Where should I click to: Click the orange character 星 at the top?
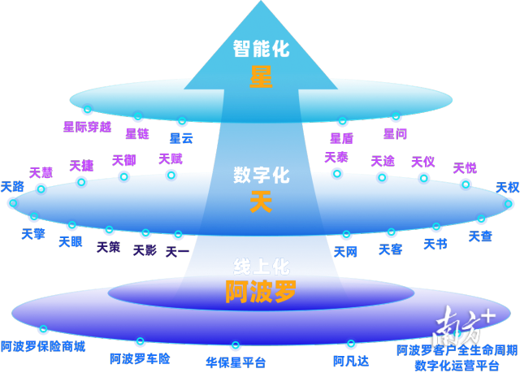[x=261, y=77]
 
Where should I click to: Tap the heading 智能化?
[x=261, y=49]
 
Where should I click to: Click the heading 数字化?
[x=261, y=175]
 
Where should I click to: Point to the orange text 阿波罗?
[x=261, y=292]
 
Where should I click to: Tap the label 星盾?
[x=341, y=138]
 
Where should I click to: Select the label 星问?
[x=395, y=133]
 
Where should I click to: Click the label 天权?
[x=507, y=188]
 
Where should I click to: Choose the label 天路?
[x=12, y=187]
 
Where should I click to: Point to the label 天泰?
[x=336, y=157]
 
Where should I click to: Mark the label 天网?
[x=345, y=252]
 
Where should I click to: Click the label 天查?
[x=480, y=236]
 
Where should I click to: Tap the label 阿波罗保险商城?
[x=42, y=347]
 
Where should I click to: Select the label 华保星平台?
[x=236, y=362]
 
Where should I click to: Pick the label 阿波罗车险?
[x=140, y=358]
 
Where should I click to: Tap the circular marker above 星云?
[x=182, y=122]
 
